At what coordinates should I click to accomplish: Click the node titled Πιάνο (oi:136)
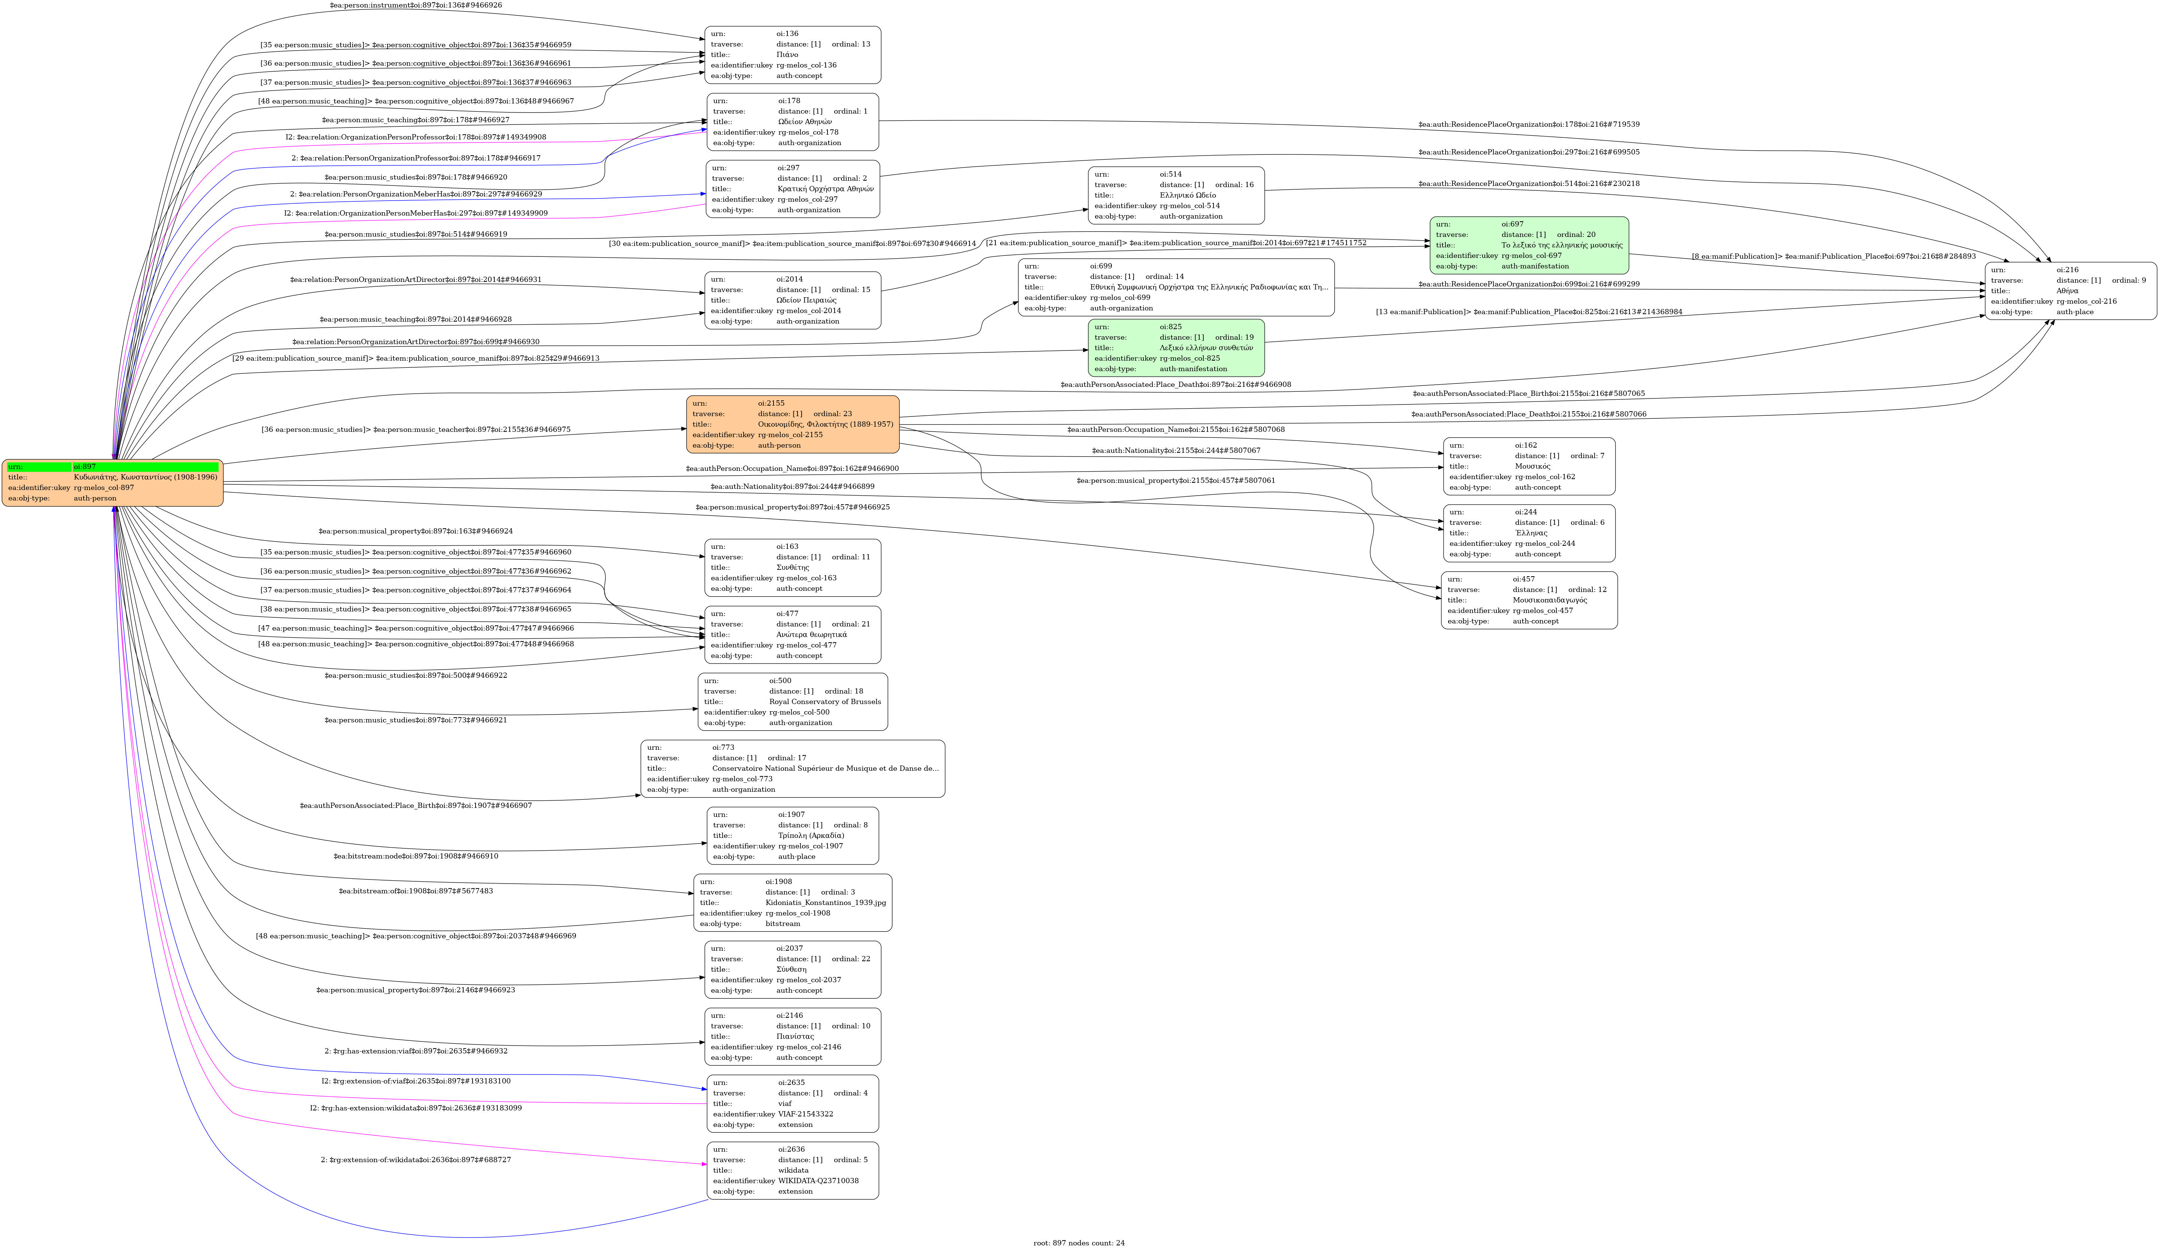point(793,55)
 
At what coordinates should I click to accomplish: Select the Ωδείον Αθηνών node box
point(793,122)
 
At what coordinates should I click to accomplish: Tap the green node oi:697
point(1528,245)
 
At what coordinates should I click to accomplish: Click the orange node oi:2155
point(793,424)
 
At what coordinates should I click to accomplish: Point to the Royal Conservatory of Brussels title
point(824,702)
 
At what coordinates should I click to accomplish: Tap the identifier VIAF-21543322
point(805,1114)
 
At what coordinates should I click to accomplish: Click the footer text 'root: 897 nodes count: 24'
point(1079,1242)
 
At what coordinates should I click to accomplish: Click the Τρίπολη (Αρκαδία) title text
point(811,835)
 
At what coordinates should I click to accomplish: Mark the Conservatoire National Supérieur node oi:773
point(793,769)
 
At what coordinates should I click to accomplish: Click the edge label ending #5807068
point(1176,429)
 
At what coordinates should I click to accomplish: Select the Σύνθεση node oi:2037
point(793,969)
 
